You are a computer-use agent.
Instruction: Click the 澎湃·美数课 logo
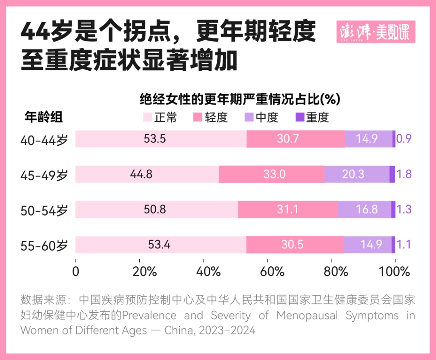[x=376, y=32]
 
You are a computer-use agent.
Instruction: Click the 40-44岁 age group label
[x=44, y=139]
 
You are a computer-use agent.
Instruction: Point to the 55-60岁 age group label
[x=44, y=245]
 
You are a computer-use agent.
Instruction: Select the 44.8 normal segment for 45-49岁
[x=147, y=174]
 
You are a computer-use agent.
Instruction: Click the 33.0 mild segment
[x=272, y=174]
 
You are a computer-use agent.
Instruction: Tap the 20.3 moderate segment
[x=357, y=174]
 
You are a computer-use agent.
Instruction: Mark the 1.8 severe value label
[x=404, y=174]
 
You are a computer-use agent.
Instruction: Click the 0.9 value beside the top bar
[x=404, y=139]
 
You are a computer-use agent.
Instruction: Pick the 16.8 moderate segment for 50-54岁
[x=364, y=210]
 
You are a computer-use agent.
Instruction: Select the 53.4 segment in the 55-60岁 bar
[x=161, y=245]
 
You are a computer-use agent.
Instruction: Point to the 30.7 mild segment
[x=295, y=139]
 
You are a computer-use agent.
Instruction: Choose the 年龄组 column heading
[x=43, y=117]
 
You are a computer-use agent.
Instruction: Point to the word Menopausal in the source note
[x=307, y=316]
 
